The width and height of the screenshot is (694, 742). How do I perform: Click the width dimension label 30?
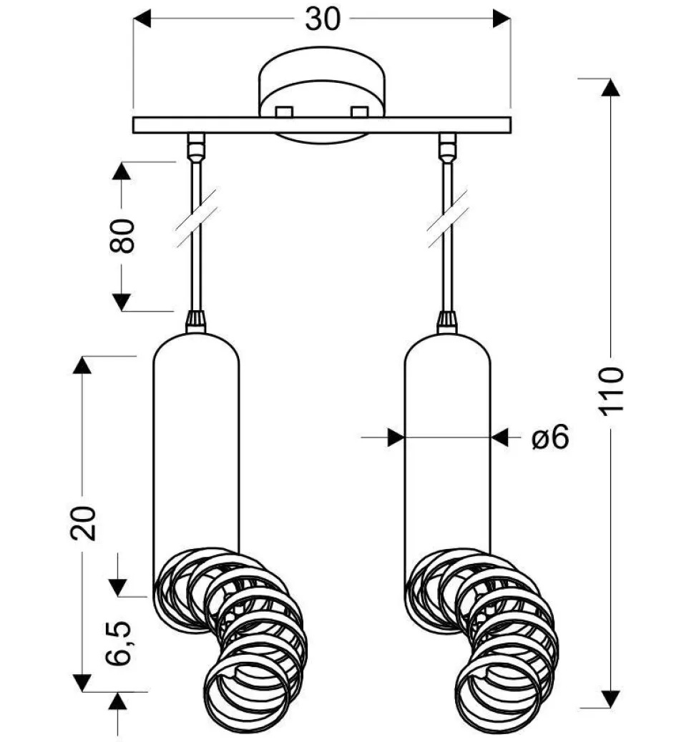(x=322, y=19)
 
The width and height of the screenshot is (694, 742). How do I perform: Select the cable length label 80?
(x=122, y=236)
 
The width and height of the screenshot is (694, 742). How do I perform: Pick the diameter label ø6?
(x=550, y=437)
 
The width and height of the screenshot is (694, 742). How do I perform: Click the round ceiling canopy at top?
(x=322, y=82)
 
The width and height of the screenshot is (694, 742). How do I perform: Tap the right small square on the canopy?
(x=360, y=112)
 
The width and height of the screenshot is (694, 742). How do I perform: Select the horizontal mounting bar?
(x=322, y=125)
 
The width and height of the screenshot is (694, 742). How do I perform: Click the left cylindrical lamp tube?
(x=196, y=443)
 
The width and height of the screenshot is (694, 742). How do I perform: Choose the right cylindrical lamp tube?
(x=447, y=443)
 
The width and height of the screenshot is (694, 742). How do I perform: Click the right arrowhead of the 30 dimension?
(x=502, y=19)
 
